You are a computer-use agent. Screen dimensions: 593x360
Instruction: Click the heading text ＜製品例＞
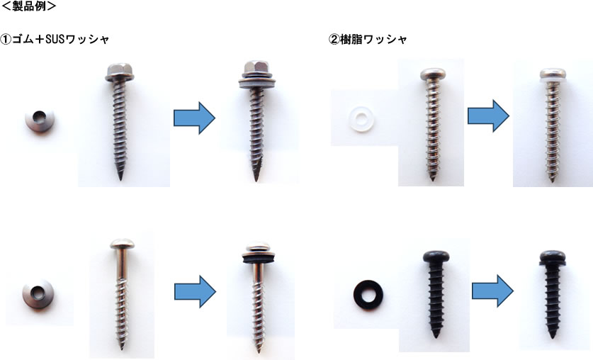[x=29, y=6]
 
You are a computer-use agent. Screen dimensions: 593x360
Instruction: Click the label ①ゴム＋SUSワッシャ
[x=55, y=39]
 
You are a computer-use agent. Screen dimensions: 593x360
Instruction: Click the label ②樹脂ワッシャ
[x=368, y=39]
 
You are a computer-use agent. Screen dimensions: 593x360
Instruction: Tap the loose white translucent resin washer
[x=360, y=119]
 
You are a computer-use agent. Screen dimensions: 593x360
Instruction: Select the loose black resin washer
[x=368, y=295]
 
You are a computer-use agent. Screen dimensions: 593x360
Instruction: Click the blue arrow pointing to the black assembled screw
[x=492, y=291]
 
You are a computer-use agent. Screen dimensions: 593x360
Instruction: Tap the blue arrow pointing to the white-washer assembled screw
[x=488, y=116]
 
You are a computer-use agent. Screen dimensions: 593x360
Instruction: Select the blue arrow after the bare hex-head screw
[x=194, y=118]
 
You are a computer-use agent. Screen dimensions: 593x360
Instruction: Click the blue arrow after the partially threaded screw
[x=195, y=291]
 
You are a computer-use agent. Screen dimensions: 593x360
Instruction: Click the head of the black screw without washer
[x=436, y=256]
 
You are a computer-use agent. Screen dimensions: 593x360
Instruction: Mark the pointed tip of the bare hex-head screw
[x=121, y=179]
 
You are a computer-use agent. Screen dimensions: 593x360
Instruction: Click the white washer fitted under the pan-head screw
[x=553, y=80]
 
